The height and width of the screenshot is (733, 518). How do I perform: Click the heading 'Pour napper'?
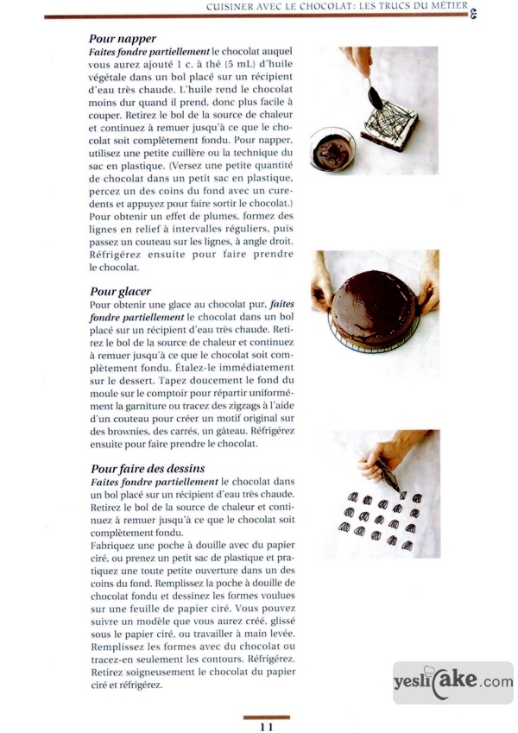tap(123, 39)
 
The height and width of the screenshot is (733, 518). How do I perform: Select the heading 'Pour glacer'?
tap(120, 291)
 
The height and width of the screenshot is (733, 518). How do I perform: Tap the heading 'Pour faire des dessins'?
tap(147, 468)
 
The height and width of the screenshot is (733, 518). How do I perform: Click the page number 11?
tap(266, 726)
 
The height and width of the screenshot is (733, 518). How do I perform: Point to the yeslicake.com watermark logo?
tap(452, 682)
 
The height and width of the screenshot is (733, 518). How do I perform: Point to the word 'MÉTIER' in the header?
tap(448, 6)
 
